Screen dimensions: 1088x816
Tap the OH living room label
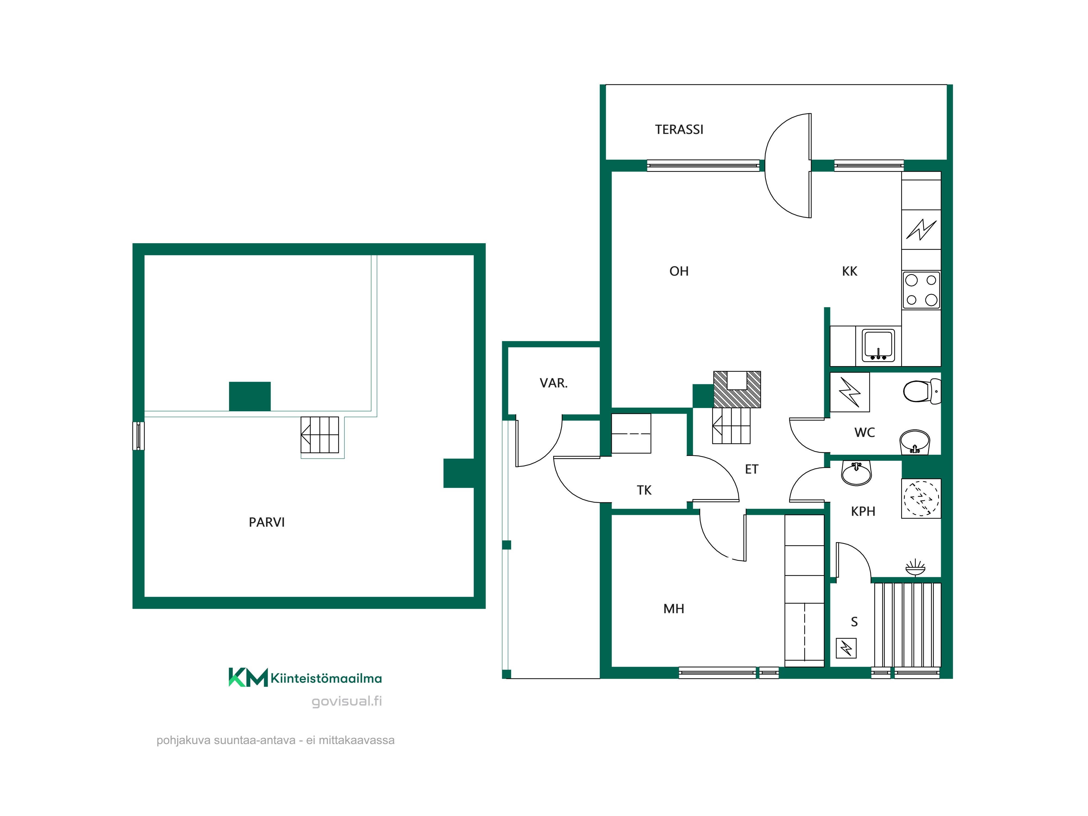point(679,271)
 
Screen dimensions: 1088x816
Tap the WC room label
point(865,432)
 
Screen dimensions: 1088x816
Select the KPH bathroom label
point(863,512)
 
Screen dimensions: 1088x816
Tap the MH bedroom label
point(674,609)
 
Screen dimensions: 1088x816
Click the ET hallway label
point(752,469)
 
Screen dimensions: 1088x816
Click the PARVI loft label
point(267,522)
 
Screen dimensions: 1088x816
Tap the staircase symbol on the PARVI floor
point(320,435)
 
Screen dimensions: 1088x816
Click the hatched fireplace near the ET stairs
point(737,390)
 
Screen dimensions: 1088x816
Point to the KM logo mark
point(248,677)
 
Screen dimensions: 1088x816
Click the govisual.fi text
point(347,701)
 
